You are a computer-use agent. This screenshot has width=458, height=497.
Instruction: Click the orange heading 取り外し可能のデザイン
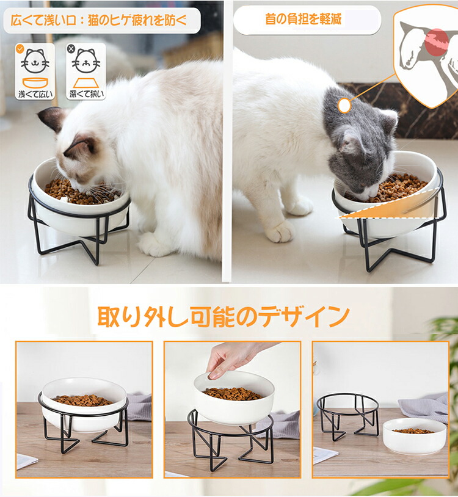[x=224, y=317]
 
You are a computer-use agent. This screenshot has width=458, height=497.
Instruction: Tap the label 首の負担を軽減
[x=303, y=19]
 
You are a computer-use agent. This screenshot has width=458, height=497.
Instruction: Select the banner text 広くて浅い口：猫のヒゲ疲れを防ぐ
[x=99, y=20]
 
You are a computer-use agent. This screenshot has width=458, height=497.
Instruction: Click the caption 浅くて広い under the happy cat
[x=35, y=94]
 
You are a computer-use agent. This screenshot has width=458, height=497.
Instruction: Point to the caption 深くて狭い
[x=86, y=94]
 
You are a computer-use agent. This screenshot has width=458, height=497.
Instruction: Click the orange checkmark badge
[x=20, y=49]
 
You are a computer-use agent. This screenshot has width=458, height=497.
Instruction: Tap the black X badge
[x=71, y=49]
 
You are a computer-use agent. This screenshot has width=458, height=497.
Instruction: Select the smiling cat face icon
[x=35, y=61]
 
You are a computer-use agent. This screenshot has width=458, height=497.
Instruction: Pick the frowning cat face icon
[x=86, y=61]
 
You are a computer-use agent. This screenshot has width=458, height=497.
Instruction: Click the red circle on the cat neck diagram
[x=437, y=43]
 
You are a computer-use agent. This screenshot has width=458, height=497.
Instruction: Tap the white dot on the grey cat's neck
[x=344, y=105]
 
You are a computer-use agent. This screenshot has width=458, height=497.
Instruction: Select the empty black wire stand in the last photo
[x=348, y=416]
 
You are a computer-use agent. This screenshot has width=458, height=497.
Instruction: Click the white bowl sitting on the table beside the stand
[x=415, y=436]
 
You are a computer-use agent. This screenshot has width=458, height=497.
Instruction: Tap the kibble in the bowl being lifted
[x=233, y=394]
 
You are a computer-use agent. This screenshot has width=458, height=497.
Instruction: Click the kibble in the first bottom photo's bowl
[x=82, y=400]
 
